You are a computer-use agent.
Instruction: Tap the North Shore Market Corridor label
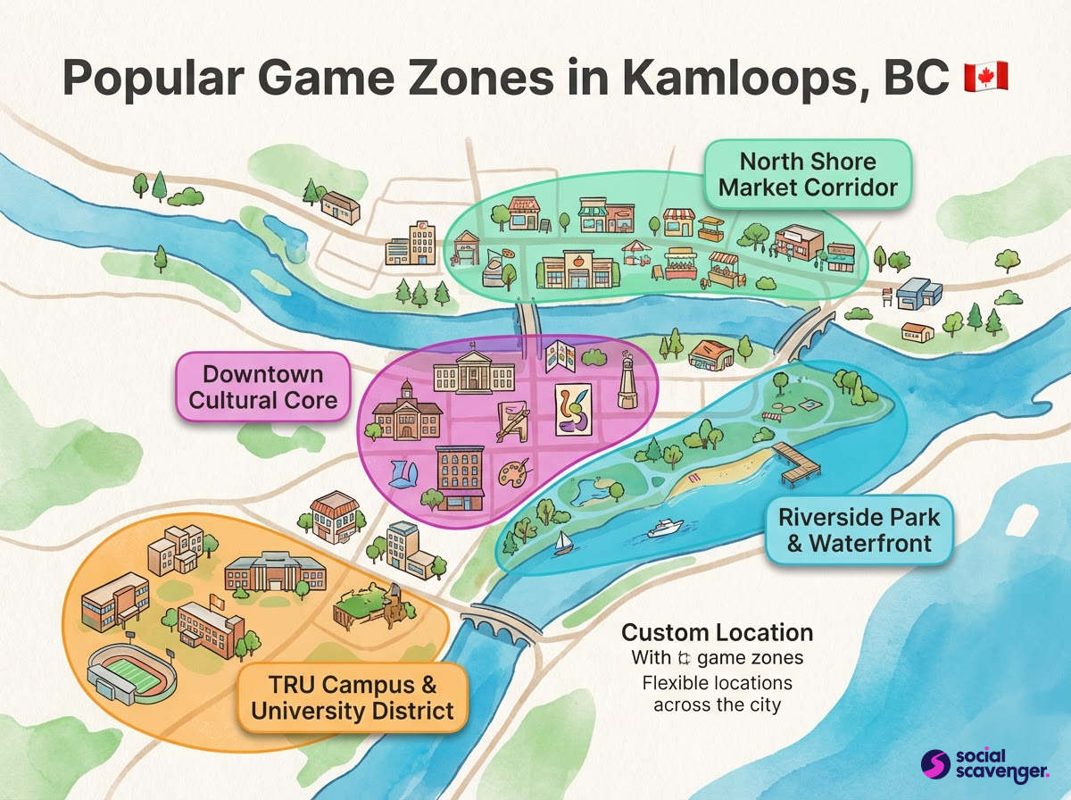point(808,175)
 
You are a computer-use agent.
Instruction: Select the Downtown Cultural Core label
point(262,386)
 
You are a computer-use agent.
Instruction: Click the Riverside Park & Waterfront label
point(859,529)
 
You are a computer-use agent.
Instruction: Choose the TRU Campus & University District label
point(353,699)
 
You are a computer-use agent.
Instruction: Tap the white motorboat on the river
point(665,528)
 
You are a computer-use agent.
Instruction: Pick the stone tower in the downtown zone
point(628,381)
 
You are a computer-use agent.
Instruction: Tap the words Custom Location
point(717,633)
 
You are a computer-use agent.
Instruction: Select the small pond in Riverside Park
point(586,489)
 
